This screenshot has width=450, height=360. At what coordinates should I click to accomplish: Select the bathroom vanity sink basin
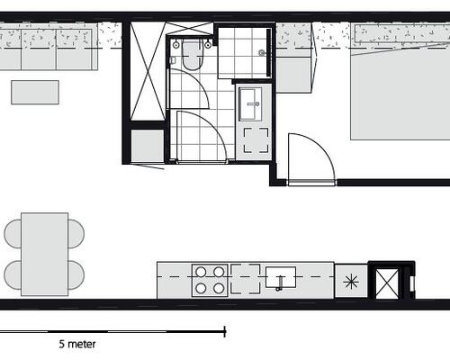point(251,103)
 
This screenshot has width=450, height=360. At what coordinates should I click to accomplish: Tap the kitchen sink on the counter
point(281,278)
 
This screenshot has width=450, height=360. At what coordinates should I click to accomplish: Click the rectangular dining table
point(44,253)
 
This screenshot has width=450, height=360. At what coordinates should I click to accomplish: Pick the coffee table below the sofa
point(35,92)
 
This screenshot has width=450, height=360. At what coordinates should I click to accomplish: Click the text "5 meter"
point(77,344)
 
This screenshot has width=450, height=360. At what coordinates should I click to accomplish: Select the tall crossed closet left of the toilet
point(145,72)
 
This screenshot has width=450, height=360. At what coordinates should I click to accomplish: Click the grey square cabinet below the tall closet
point(144,145)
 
